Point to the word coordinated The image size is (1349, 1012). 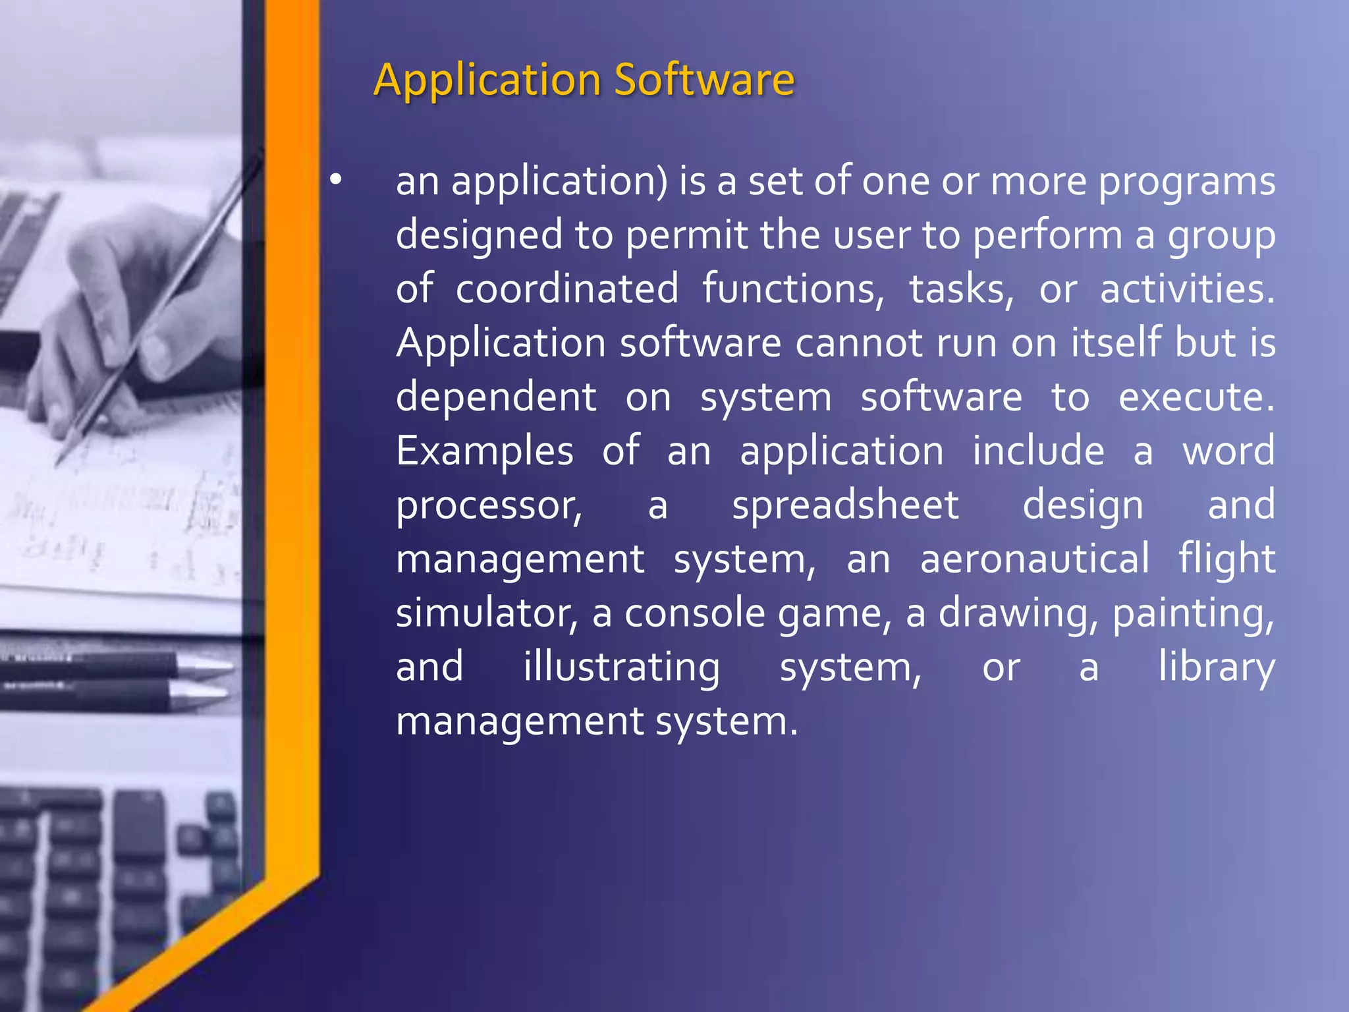pos(567,289)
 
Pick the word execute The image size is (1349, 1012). pos(1196,397)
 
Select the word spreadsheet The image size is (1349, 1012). pos(845,505)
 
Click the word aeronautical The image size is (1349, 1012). pos(1035,559)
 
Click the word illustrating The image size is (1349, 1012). pos(621,667)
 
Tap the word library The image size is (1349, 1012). pos(1217,667)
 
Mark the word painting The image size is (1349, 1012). pos(1193,614)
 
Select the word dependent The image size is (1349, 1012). pos(496,397)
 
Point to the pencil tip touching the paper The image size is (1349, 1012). pos(59,461)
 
